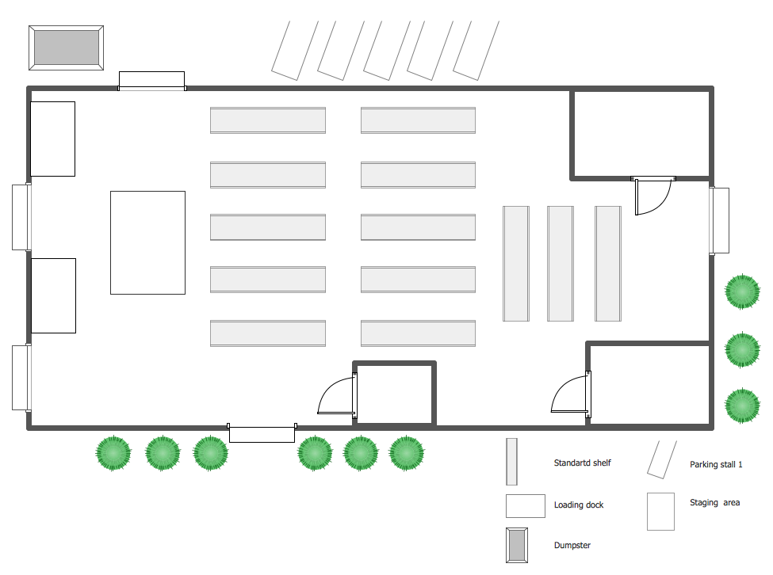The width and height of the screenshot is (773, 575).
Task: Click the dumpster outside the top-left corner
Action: [x=67, y=48]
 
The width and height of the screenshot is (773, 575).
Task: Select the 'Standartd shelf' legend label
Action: [x=582, y=463]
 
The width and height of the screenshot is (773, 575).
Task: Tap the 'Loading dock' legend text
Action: [x=579, y=505]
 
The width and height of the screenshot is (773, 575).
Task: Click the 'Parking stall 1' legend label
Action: [x=716, y=465]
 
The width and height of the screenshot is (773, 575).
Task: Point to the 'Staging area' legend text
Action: [x=714, y=502]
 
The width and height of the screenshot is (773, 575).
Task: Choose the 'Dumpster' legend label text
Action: [x=572, y=545]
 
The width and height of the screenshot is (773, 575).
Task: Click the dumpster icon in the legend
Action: [x=516, y=545]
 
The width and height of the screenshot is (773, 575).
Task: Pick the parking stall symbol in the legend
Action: [x=656, y=459]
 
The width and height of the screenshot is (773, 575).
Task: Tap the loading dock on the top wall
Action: [x=151, y=80]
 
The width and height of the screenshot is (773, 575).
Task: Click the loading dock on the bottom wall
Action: [x=262, y=433]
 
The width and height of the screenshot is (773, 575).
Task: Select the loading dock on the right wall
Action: [x=719, y=220]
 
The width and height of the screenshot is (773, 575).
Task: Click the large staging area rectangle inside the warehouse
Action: [x=147, y=242]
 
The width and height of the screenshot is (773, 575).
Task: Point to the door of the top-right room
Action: [x=653, y=196]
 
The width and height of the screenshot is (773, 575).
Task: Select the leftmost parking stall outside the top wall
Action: [x=294, y=49]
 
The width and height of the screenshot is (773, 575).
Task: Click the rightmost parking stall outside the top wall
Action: [x=476, y=49]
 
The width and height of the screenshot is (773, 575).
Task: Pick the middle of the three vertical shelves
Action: [x=561, y=264]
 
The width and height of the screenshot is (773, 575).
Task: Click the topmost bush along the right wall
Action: [x=742, y=292]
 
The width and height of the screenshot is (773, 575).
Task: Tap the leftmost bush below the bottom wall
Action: [x=113, y=453]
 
